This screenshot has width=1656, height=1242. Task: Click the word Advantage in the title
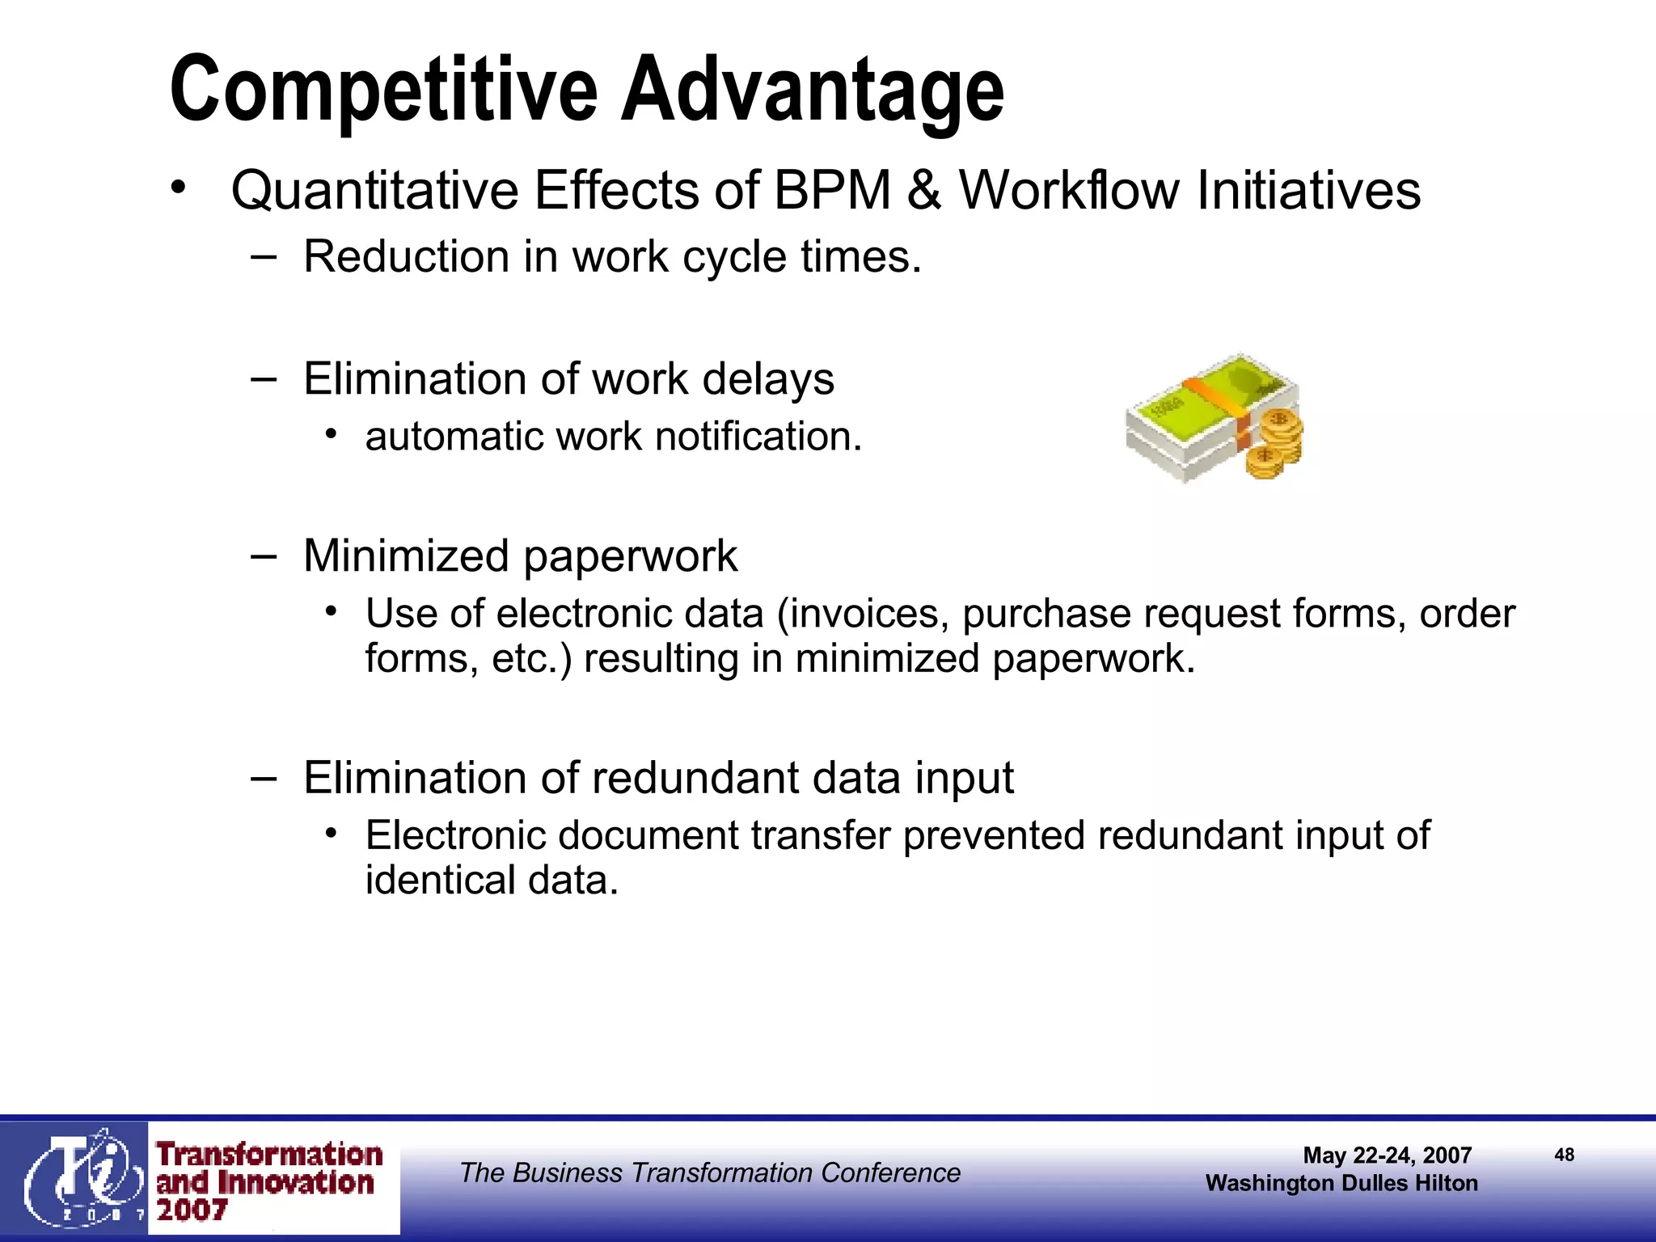pos(812,91)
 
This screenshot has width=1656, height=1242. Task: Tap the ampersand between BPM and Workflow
pos(923,191)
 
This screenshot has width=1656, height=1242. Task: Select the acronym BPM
pos(832,191)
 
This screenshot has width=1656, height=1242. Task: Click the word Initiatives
pos(1307,191)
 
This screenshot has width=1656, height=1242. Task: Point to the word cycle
pos(734,258)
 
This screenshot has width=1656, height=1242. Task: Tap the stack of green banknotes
pos(1197,412)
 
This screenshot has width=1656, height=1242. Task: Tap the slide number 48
pos(1564,1155)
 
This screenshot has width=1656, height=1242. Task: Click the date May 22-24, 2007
pos(1387,1155)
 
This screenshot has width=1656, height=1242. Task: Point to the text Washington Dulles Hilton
pos(1341,1184)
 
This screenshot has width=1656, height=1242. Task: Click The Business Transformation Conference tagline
pos(710,1172)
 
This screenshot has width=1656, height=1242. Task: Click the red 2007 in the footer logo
pos(192,1210)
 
